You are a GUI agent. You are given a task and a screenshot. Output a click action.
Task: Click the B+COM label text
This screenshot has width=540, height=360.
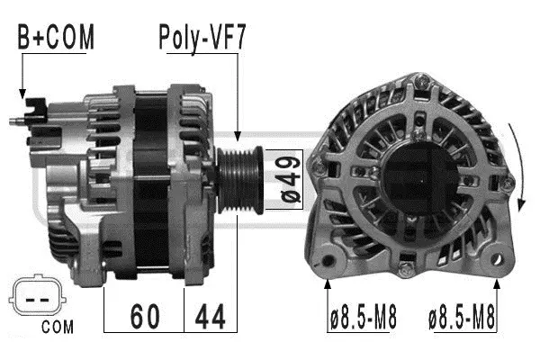(x=55, y=38)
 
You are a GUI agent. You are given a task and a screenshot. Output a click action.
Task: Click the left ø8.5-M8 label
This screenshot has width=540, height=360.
(x=362, y=317)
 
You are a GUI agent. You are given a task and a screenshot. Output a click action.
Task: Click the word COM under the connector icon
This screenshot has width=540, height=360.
(x=57, y=327)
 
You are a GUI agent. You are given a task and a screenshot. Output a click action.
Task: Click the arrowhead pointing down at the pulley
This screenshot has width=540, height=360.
(x=238, y=135)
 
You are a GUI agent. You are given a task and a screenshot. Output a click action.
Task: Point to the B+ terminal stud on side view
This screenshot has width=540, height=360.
(x=20, y=117)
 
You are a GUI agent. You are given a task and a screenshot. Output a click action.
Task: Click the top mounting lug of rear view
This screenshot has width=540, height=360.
(x=419, y=85)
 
